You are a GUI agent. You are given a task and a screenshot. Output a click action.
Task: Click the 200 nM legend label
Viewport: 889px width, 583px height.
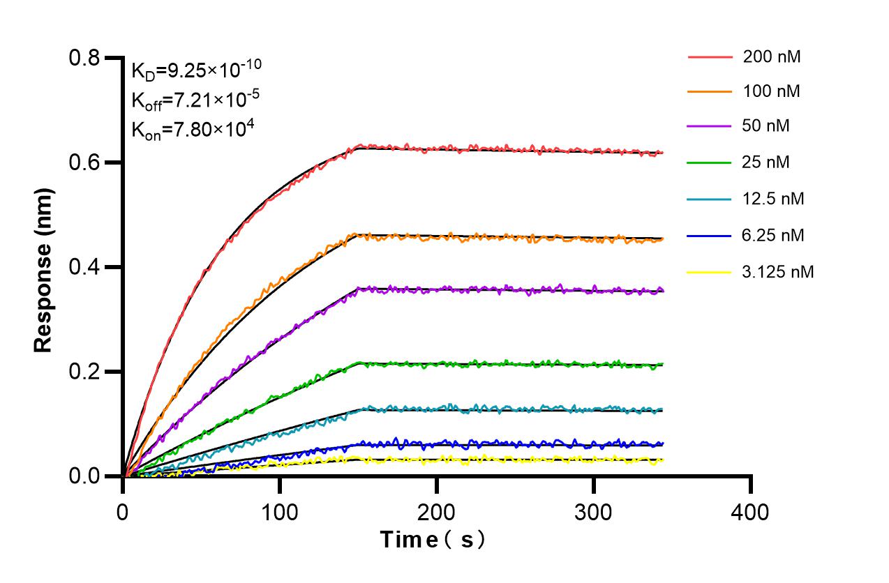pyautogui.click(x=772, y=57)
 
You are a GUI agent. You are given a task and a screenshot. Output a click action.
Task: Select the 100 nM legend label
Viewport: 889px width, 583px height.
pyautogui.click(x=772, y=91)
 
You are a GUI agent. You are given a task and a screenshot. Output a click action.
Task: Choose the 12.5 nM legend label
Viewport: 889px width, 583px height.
pyautogui.click(x=774, y=199)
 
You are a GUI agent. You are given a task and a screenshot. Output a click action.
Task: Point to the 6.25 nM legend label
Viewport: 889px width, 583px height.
pyautogui.click(x=774, y=235)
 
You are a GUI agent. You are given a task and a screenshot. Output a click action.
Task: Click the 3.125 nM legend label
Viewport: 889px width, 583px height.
pyautogui.click(x=778, y=271)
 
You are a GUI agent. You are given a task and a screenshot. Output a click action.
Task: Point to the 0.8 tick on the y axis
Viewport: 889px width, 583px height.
pyautogui.click(x=84, y=58)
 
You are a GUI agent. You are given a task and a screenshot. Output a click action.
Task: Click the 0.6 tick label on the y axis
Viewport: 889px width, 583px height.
pyautogui.click(x=84, y=162)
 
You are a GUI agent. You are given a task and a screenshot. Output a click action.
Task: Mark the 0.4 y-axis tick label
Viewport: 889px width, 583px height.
pyautogui.click(x=84, y=267)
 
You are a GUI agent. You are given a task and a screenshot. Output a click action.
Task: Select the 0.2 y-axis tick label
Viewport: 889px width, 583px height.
pyautogui.click(x=84, y=372)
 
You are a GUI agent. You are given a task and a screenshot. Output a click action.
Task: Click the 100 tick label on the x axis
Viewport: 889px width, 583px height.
pyautogui.click(x=280, y=513)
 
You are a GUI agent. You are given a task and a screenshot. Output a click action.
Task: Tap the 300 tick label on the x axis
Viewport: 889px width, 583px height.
pyautogui.click(x=594, y=513)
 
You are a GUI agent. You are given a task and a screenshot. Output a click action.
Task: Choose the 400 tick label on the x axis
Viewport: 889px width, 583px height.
pyautogui.click(x=751, y=513)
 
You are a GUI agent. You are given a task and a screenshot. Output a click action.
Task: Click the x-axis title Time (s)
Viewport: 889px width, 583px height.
pyautogui.click(x=433, y=540)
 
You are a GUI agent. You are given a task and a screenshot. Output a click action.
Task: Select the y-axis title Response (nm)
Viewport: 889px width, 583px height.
pyautogui.click(x=43, y=269)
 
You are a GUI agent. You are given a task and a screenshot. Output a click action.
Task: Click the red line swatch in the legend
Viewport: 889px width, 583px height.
pyautogui.click(x=710, y=57)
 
